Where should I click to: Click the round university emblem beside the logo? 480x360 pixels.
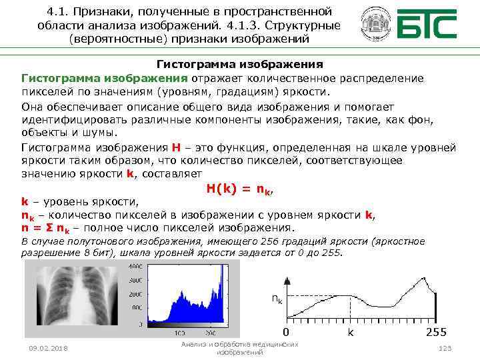click(x=375, y=25)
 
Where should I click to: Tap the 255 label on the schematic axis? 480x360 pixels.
click(x=436, y=332)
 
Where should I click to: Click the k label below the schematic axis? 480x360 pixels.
click(x=350, y=332)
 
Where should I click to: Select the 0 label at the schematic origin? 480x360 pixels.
click(x=285, y=332)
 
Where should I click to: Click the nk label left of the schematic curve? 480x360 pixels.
click(x=276, y=299)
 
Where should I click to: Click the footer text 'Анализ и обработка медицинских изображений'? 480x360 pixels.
click(x=239, y=347)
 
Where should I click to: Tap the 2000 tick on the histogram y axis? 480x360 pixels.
click(x=134, y=294)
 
